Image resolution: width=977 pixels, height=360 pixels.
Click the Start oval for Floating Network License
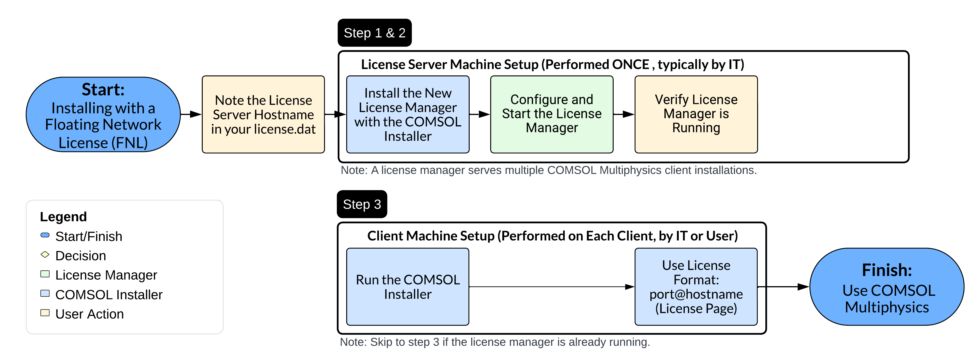pyautogui.click(x=103, y=115)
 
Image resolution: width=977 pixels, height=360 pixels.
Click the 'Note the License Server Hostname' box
pyautogui.click(x=263, y=115)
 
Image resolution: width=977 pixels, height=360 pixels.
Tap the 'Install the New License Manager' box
pyautogui.click(x=408, y=115)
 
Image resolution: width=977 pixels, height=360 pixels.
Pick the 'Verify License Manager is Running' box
pyautogui.click(x=696, y=115)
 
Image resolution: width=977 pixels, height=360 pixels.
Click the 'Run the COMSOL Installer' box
pyautogui.click(x=408, y=287)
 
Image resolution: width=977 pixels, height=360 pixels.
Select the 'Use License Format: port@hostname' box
pyautogui.click(x=696, y=287)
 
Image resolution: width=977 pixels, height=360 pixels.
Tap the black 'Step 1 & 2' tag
pyautogui.click(x=374, y=33)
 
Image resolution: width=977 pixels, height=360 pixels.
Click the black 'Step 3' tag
pyautogui.click(x=362, y=205)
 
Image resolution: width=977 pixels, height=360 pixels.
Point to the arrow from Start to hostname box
pyautogui.click(x=191, y=114)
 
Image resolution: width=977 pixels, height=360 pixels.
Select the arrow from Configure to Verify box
pyautogui.click(x=624, y=114)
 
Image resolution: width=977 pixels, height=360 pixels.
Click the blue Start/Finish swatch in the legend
pyautogui.click(x=45, y=235)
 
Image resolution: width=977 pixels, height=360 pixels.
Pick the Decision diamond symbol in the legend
pyautogui.click(x=45, y=255)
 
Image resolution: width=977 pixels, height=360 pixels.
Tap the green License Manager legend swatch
pyautogui.click(x=45, y=274)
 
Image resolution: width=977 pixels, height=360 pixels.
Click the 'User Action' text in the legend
pyautogui.click(x=90, y=314)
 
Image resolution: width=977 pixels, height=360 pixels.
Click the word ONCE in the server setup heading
pyautogui.click(x=630, y=64)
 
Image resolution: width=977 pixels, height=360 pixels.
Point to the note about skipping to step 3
pyautogui.click(x=495, y=342)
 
